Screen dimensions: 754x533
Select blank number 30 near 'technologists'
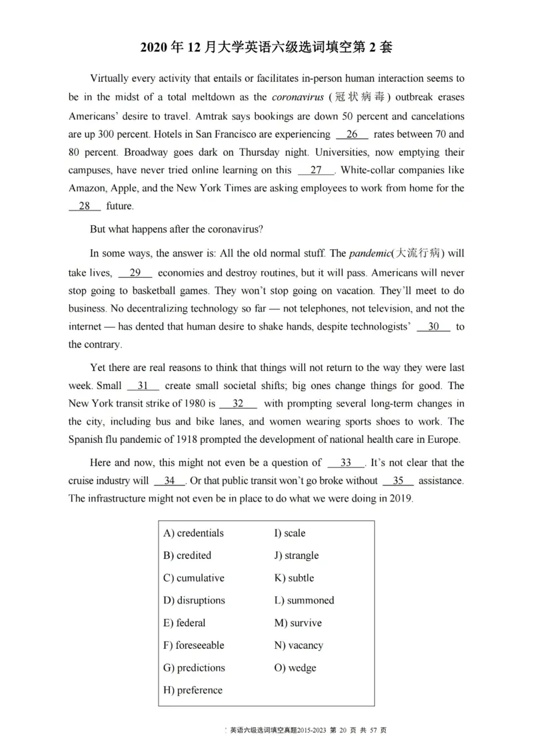pos(434,326)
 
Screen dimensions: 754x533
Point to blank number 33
pos(346,462)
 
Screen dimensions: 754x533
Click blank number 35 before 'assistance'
pos(398,480)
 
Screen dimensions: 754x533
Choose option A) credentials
pos(193,533)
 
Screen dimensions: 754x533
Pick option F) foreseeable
pos(193,645)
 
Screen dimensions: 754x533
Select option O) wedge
pos(295,667)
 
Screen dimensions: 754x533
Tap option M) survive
pos(298,623)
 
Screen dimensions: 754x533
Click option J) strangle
pos(296,556)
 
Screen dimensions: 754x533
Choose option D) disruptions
pos(194,600)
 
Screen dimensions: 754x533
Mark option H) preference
pos(193,690)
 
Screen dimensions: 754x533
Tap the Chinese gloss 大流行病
pos(418,254)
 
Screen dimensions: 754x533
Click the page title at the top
pos(266,47)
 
